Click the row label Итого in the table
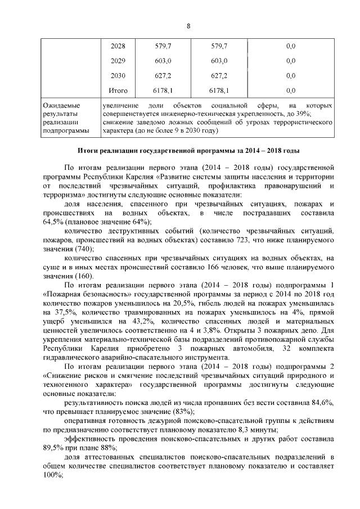[x=118, y=90]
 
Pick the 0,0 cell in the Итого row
[x=291, y=90]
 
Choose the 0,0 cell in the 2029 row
[x=291, y=61]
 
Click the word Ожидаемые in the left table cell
[x=62, y=105]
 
